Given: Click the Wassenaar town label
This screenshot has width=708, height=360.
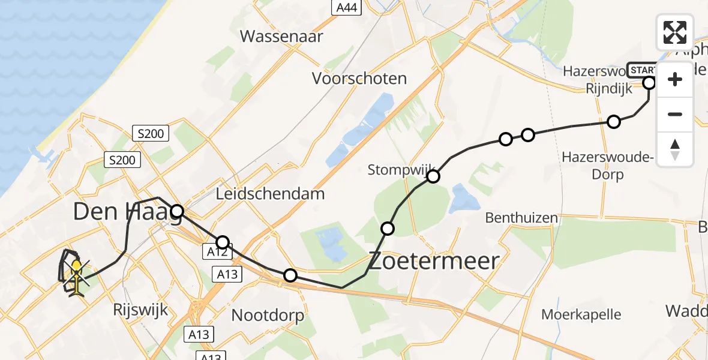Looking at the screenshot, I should coord(281,36).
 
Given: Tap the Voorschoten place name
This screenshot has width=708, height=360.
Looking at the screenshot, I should coord(359,79).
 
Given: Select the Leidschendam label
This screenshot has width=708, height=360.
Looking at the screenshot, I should coord(271,194).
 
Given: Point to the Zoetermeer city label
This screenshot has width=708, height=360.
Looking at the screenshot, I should coord(434,261).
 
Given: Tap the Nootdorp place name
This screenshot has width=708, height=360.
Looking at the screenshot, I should coord(268,315).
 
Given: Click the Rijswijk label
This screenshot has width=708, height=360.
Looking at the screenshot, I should coord(140,310).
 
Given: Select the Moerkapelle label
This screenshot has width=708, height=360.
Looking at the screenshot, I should coord(581,314).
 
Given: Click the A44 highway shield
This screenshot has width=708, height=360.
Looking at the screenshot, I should coord(345,7).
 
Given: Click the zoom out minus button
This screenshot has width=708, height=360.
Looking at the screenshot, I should coord(675,114).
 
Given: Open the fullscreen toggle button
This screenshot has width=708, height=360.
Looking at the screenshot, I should coord(675,32).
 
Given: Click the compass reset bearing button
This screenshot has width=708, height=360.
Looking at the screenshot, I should coord(675,149).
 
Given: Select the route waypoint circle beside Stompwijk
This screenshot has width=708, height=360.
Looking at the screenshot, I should coord(433,176).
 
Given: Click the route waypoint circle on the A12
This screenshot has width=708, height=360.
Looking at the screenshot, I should coord(223,242).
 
